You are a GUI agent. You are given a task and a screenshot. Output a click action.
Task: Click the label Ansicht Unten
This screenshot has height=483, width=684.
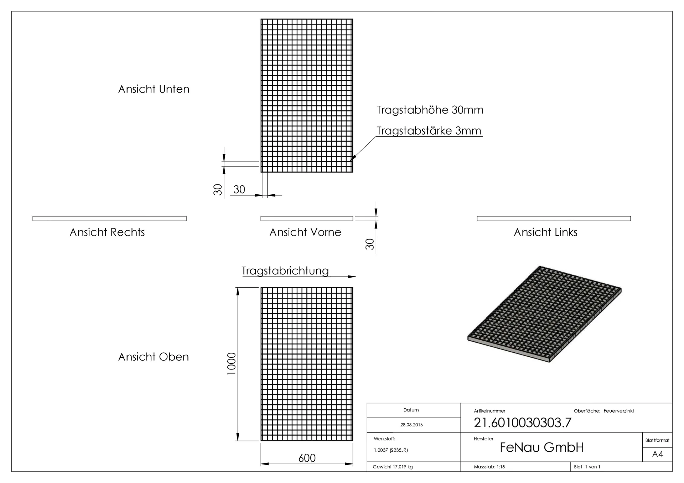[x=154, y=89]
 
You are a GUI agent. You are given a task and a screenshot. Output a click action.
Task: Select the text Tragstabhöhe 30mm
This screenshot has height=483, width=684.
[x=430, y=110]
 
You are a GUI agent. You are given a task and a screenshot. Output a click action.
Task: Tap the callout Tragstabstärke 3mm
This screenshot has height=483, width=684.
[x=429, y=131]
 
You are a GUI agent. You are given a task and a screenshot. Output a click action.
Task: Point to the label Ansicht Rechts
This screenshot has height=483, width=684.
[x=107, y=232]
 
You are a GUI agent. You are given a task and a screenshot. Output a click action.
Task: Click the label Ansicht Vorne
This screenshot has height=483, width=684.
[x=305, y=232]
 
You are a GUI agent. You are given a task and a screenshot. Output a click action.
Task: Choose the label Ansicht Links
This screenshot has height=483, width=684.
[x=545, y=232]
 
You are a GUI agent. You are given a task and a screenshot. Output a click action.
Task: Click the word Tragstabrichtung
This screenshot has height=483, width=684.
[x=285, y=271]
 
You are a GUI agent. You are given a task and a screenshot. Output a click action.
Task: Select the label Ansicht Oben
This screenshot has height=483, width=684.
[x=154, y=357]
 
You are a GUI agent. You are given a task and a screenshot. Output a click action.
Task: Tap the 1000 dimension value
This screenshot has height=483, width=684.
[x=232, y=363]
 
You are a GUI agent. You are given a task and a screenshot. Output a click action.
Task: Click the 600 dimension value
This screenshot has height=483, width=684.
[x=307, y=458]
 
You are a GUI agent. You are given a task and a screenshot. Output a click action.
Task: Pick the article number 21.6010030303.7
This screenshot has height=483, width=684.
[x=522, y=422]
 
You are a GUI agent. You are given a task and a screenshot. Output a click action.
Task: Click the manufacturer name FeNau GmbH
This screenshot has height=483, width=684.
[x=542, y=447]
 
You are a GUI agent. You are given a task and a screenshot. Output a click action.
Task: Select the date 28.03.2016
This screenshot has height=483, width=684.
[x=411, y=425]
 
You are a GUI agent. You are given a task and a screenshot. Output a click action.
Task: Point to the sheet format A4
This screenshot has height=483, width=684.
[x=657, y=454]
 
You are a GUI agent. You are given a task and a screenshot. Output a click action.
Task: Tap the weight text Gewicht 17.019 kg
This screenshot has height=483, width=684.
[x=393, y=467]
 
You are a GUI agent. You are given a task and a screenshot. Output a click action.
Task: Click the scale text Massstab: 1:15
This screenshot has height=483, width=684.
[x=489, y=467]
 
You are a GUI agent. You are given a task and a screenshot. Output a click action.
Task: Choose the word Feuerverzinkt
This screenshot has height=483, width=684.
[x=619, y=411]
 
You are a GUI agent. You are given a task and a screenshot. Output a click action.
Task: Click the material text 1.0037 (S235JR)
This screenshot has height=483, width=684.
[x=391, y=450]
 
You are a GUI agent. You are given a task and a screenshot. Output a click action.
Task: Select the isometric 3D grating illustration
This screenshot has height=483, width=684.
[x=544, y=314]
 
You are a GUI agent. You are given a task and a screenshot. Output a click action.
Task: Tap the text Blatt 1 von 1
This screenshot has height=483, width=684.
[x=587, y=467]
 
